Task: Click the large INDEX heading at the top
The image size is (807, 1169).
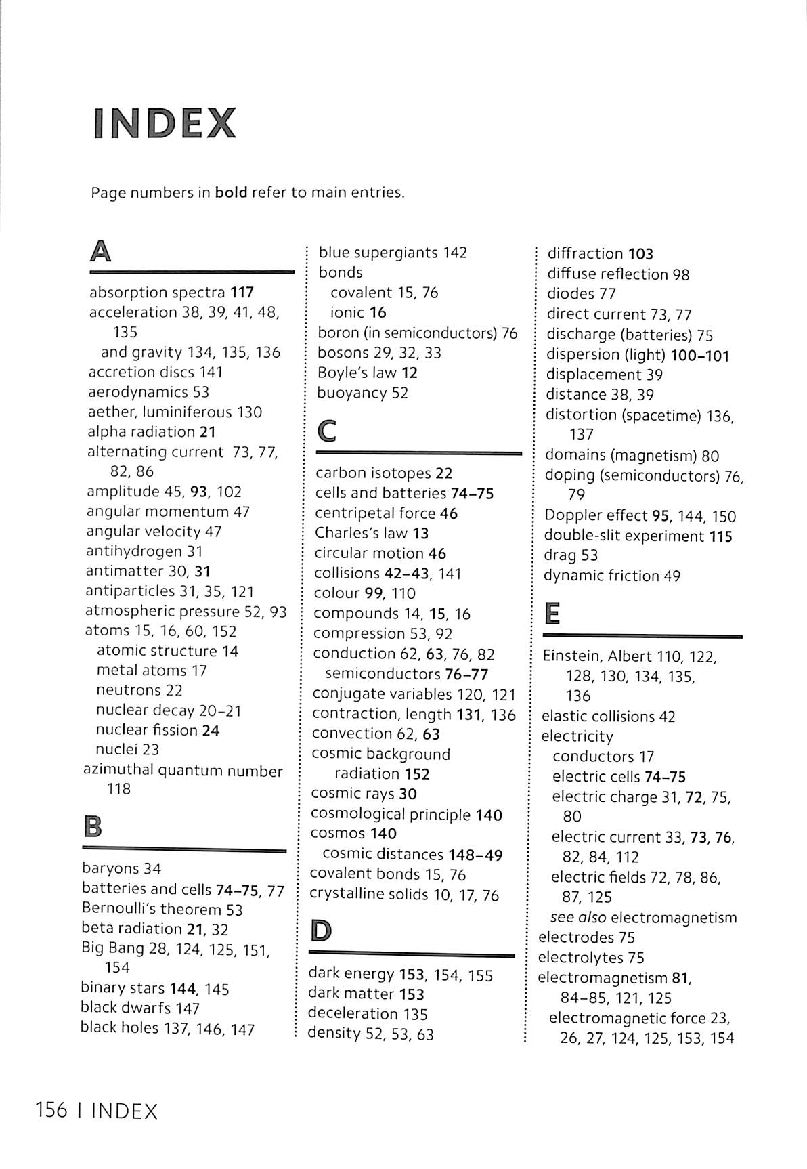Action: [165, 123]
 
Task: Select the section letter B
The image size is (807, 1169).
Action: [92, 827]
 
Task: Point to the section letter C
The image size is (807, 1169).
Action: [327, 431]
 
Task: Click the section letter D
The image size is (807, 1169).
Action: [321, 931]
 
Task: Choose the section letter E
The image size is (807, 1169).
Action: [552, 614]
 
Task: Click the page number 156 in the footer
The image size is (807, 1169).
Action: [51, 1111]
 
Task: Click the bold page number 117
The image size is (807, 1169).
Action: [242, 293]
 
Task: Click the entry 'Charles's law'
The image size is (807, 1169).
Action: [362, 533]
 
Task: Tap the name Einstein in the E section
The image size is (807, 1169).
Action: [572, 656]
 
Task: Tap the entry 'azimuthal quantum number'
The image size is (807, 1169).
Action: [183, 771]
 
